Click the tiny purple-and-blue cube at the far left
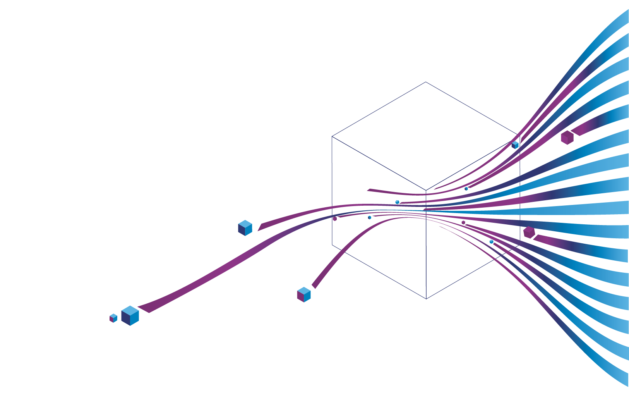click(113, 318)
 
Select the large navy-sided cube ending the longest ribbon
click(130, 316)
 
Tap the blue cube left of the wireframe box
click(245, 228)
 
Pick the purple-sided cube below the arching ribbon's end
click(303, 294)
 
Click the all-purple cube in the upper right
click(567, 138)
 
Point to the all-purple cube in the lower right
click(529, 232)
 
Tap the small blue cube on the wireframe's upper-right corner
click(515, 145)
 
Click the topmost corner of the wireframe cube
click(426, 82)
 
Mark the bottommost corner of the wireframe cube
click(426, 299)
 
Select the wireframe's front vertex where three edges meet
click(426, 191)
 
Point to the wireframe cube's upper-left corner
click(332, 136)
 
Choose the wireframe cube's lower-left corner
click(332, 245)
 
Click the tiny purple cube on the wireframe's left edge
click(335, 219)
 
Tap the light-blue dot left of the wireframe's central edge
click(397, 202)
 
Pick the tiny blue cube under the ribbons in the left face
click(370, 217)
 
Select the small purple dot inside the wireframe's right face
click(463, 222)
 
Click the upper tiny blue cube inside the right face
click(466, 189)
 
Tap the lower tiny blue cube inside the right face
click(491, 242)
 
